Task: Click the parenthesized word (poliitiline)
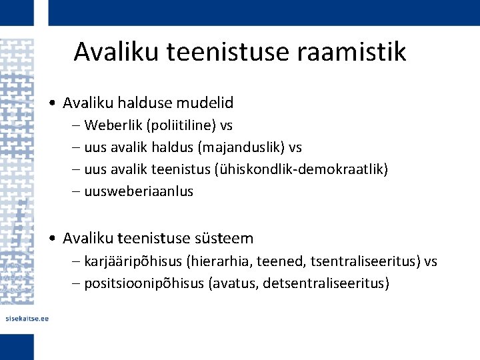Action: click(179, 125)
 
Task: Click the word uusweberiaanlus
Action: click(139, 191)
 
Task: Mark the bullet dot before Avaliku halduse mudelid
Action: click(52, 103)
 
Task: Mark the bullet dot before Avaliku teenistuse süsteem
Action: click(52, 239)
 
